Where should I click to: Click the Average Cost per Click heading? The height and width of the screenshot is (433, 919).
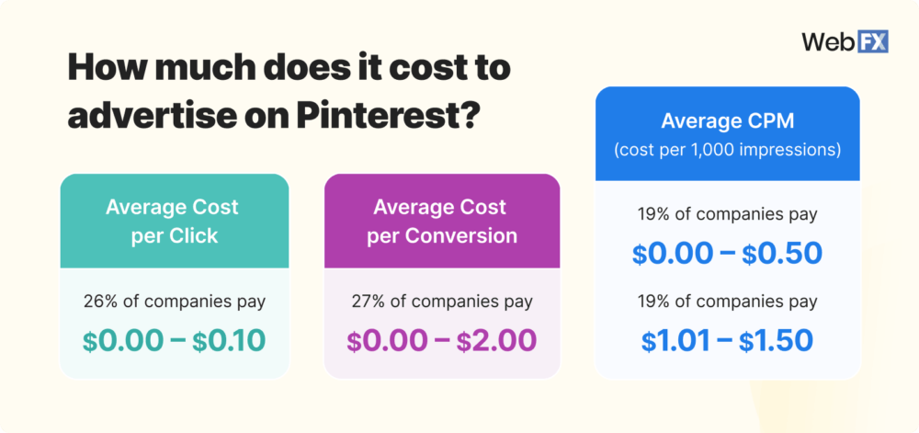[x=175, y=221]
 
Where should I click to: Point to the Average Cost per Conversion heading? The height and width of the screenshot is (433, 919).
[x=442, y=221]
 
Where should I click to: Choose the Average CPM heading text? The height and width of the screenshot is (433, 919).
[x=728, y=121]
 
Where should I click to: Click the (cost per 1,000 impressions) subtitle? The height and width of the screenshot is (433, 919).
[x=728, y=150]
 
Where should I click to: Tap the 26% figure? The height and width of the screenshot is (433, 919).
[x=99, y=301]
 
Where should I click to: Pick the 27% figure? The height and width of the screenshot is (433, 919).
[x=366, y=301]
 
